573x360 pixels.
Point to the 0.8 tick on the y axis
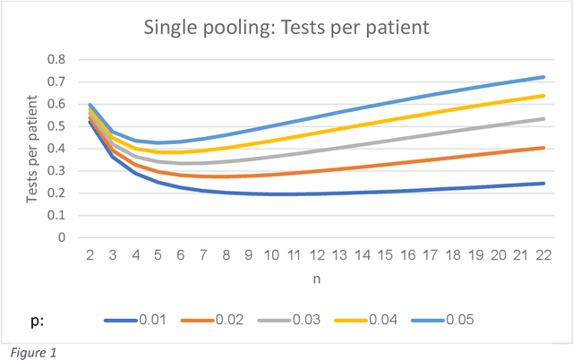pos(56,59)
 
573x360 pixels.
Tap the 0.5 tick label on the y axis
pos(56,126)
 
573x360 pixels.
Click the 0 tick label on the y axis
pos(61,238)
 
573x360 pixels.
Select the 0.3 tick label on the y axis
pos(56,171)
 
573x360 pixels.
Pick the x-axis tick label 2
pos(90,256)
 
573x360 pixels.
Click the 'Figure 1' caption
pos(32,351)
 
